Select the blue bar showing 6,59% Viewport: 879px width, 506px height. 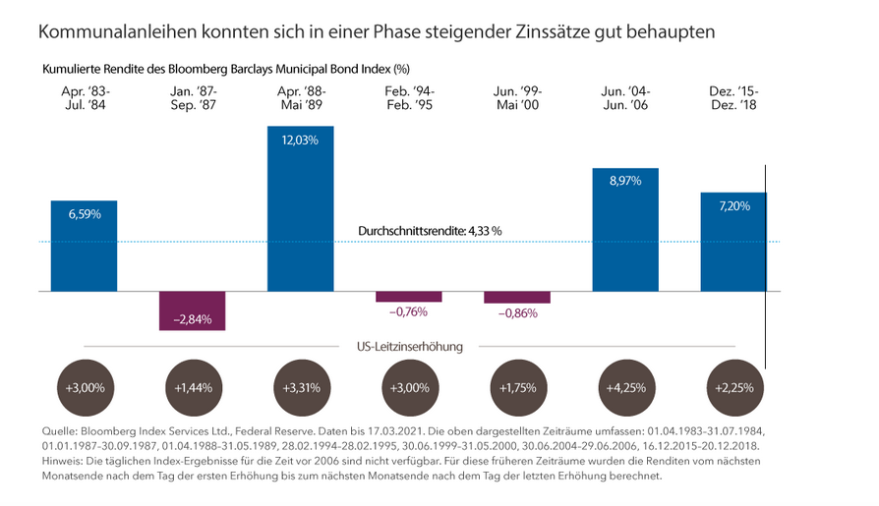tap(85, 246)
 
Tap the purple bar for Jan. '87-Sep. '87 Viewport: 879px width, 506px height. tap(192, 310)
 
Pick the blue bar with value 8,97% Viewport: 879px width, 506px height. tap(625, 230)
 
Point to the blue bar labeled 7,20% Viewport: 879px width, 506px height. tap(732, 242)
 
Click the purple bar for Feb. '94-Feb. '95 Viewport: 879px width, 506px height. tap(408, 297)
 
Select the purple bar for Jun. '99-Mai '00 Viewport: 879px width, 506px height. tap(516, 297)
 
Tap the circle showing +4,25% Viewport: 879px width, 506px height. tap(625, 387)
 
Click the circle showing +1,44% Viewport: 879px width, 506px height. tap(192, 387)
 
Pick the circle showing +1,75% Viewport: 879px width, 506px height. tap(516, 387)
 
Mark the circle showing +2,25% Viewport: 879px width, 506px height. tap(732, 387)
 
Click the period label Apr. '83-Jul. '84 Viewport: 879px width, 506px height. tap(84, 99)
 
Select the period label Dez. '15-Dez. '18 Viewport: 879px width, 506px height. tap(732, 99)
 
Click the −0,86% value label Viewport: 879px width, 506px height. tap(516, 312)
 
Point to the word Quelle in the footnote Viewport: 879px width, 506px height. tap(61, 431)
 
